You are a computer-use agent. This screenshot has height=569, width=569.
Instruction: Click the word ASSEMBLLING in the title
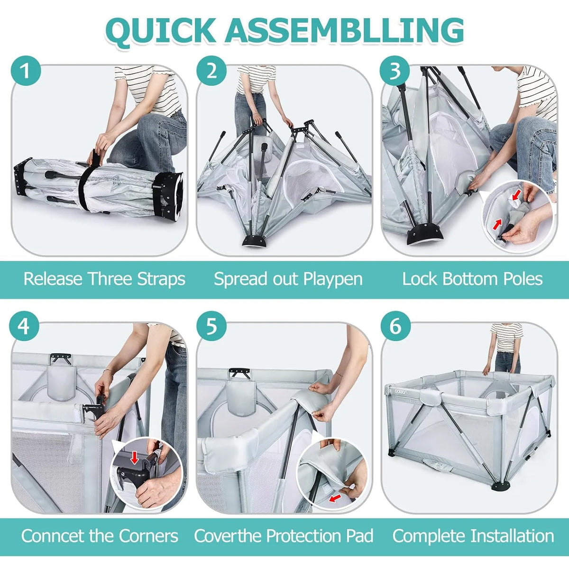tap(343, 30)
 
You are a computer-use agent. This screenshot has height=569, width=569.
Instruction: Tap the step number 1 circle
tap(26, 71)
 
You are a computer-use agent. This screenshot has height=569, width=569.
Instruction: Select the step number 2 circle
tap(211, 71)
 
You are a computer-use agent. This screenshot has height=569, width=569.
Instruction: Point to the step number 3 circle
tap(395, 71)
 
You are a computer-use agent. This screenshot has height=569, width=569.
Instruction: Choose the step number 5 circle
tap(211, 327)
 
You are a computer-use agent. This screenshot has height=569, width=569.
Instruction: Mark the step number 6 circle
tap(395, 327)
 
